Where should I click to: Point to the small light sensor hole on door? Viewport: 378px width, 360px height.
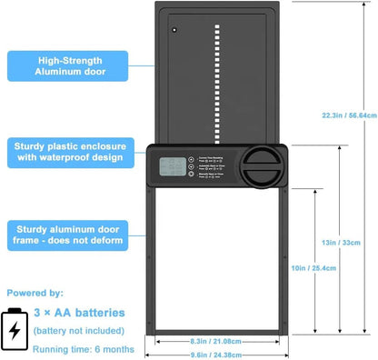pyautogui.click(x=174, y=30)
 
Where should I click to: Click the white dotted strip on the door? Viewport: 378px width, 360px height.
pyautogui.click(x=215, y=82)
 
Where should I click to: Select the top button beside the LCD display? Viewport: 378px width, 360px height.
pyautogui.click(x=190, y=158)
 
